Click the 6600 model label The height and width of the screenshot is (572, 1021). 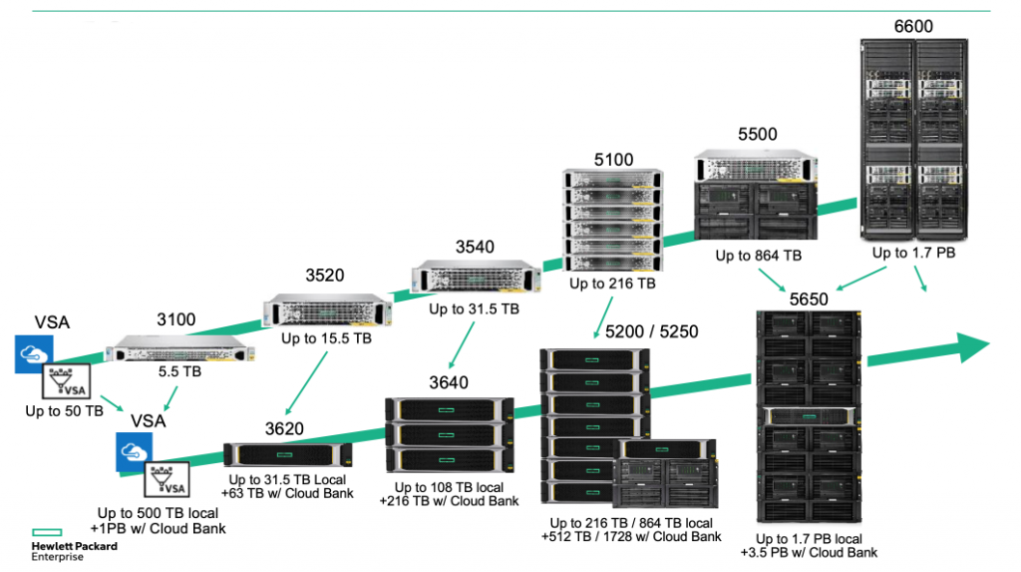click(912, 26)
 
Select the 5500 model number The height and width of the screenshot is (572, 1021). click(757, 134)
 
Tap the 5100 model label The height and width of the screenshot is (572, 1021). click(612, 159)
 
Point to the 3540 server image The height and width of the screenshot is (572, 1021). click(467, 278)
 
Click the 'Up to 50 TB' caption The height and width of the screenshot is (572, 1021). click(65, 410)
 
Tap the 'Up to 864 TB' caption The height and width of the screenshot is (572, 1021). click(758, 256)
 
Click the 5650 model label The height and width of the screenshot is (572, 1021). click(808, 298)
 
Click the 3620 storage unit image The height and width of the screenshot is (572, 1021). click(287, 456)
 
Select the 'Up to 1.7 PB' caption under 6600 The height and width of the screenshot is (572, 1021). click(913, 253)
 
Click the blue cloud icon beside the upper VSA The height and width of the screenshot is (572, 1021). click(34, 353)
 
